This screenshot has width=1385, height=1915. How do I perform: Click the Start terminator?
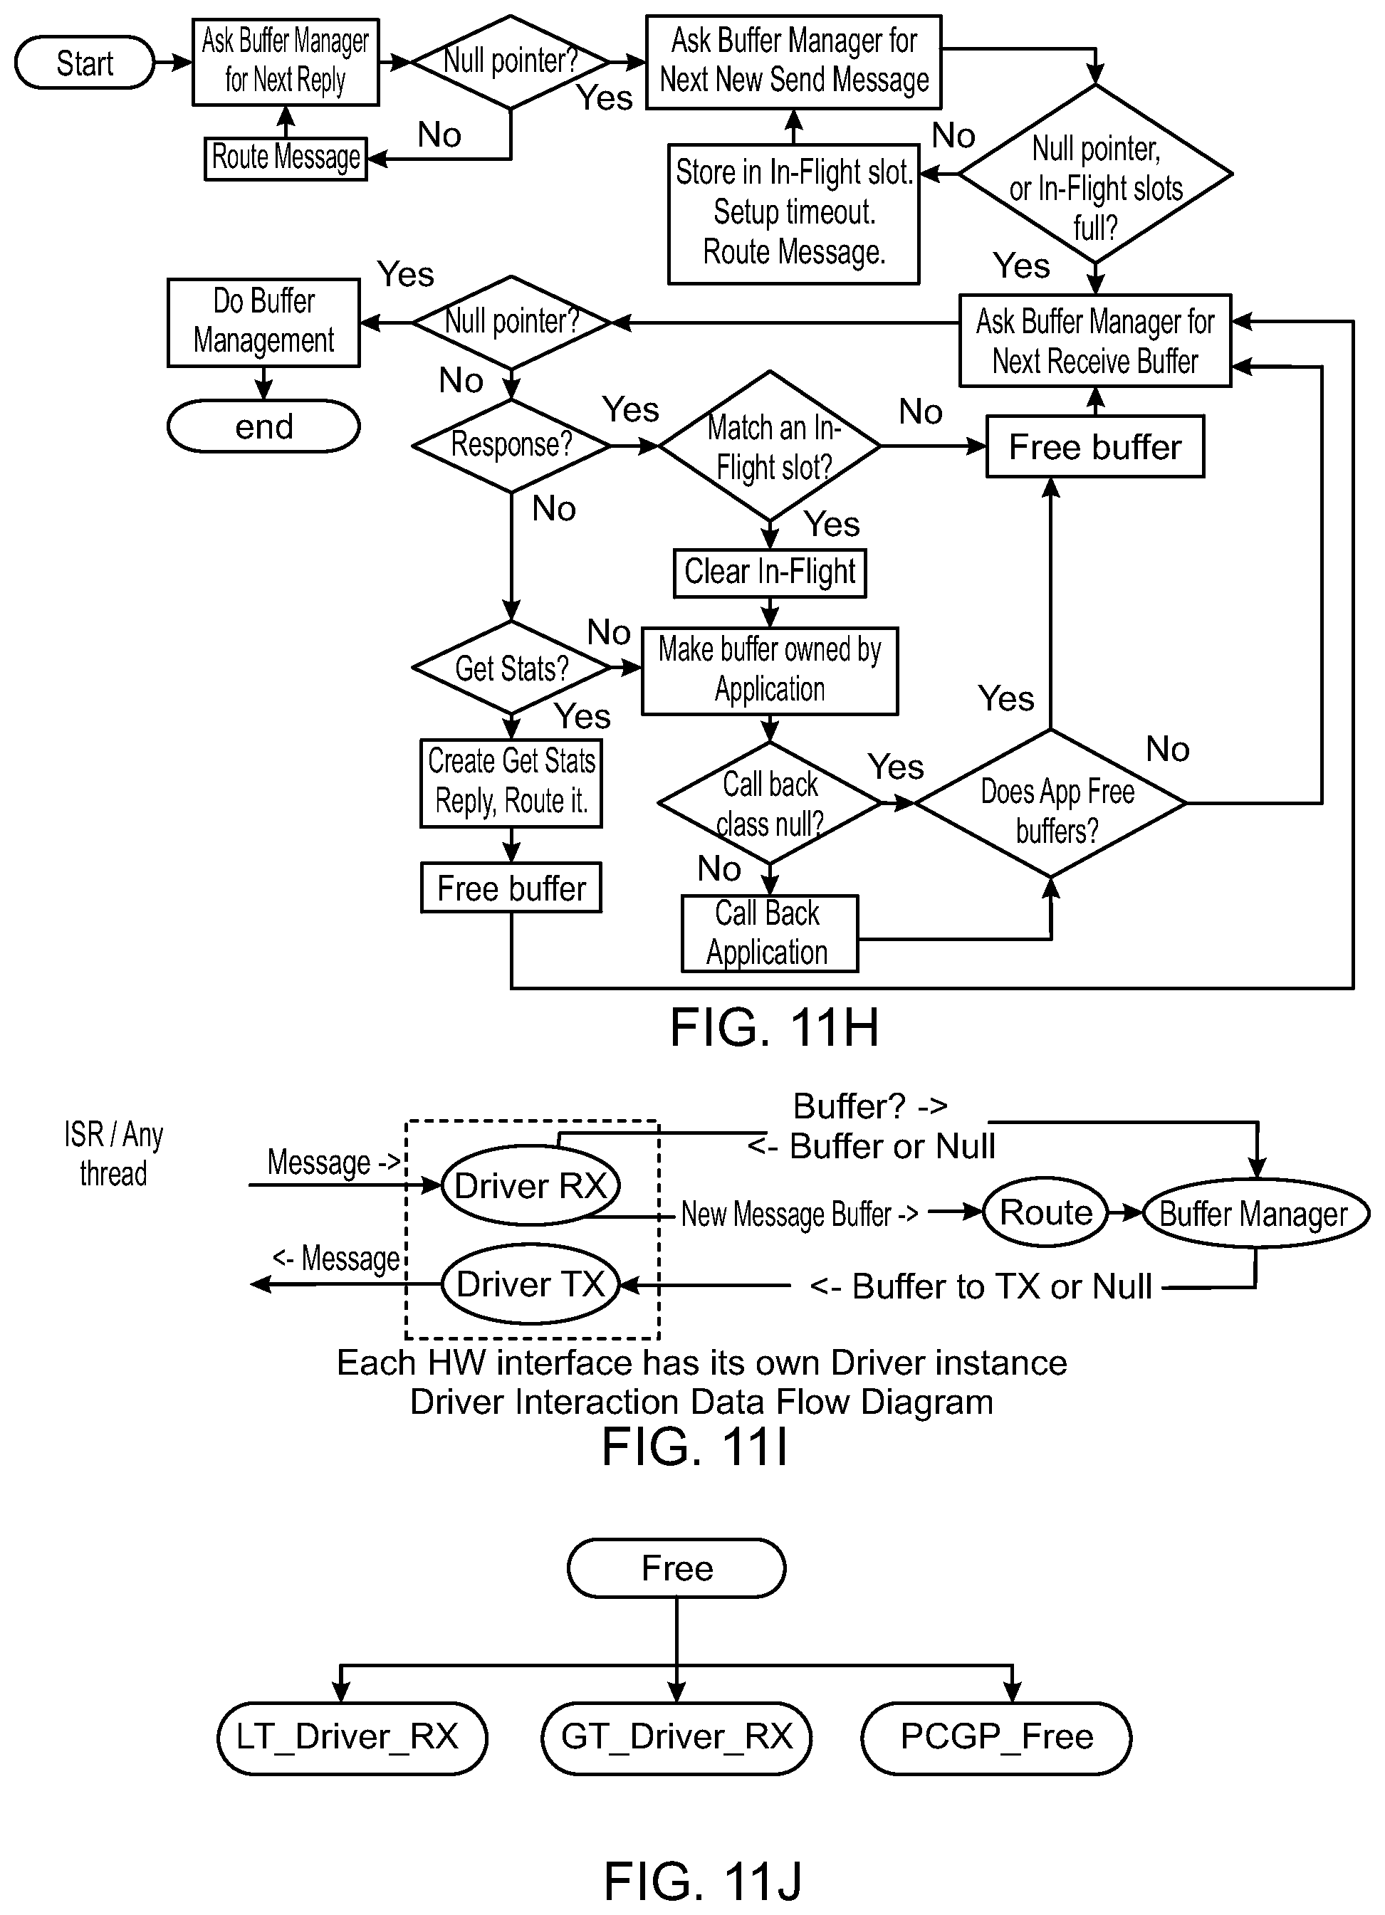(x=85, y=63)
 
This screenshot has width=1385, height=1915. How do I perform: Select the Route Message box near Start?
(x=286, y=158)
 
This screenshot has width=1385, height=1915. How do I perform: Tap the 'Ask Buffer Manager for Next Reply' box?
(x=286, y=62)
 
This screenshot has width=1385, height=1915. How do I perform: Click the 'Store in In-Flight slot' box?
(x=794, y=214)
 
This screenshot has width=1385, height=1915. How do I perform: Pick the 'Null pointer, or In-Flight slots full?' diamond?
(x=1095, y=176)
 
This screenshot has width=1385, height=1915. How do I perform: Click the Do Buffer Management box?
(x=263, y=322)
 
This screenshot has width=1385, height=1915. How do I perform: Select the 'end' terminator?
(x=263, y=426)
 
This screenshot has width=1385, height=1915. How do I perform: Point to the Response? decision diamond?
(x=511, y=445)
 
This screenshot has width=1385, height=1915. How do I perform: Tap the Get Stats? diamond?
(x=511, y=668)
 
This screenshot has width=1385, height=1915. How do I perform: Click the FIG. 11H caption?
(x=775, y=1027)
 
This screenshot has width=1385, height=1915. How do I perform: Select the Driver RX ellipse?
(x=531, y=1185)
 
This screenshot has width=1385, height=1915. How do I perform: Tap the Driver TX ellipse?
(x=531, y=1284)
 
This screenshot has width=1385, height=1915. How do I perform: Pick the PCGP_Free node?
(x=996, y=1738)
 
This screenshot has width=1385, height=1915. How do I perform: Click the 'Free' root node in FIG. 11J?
(x=676, y=1568)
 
